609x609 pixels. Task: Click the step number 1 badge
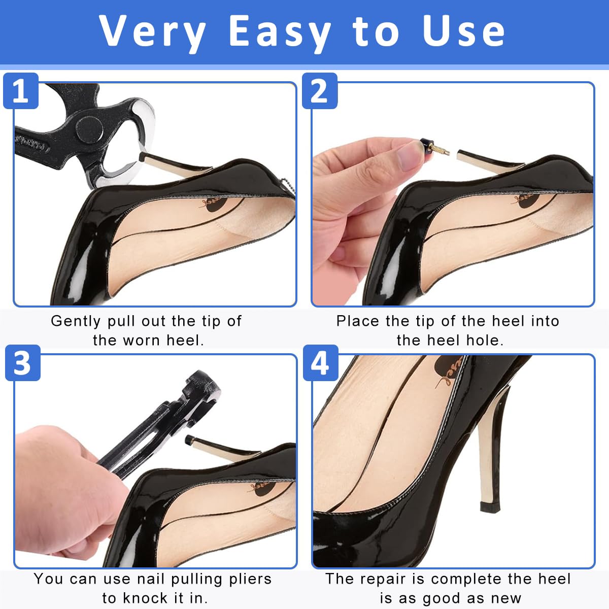coord(21,91)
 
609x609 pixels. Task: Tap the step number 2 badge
coord(320,91)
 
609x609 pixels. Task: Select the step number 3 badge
coord(23,363)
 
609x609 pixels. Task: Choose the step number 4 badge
coord(320,363)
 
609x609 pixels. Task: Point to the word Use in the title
coord(463,31)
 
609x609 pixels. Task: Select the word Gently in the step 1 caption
coord(76,321)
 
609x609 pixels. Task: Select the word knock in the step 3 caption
coord(145,598)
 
